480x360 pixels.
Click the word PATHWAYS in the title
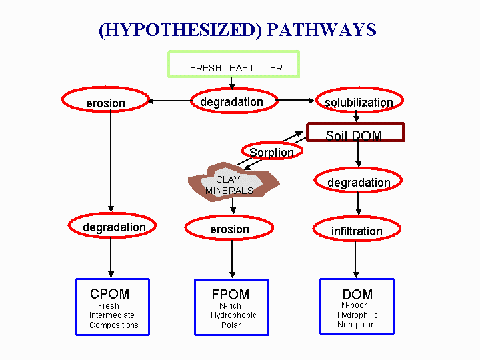pos(321,30)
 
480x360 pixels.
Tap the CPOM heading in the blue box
pos(109,294)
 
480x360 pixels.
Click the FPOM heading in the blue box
pos(231,295)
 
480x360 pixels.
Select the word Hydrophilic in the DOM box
pos(357,315)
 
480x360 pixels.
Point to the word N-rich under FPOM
pos(230,306)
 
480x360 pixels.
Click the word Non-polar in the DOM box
pos(355,325)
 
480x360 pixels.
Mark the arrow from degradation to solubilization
pos(295,100)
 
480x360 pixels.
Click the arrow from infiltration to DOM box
pos(355,259)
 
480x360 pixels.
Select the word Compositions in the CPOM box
pos(114,325)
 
